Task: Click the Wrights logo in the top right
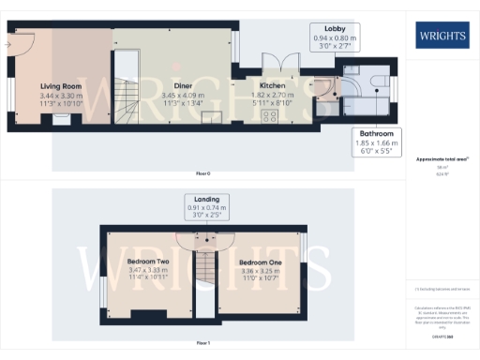(x=443, y=37)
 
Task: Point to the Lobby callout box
(x=335, y=37)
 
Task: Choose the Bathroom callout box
(x=374, y=142)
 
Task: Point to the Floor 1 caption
(x=203, y=344)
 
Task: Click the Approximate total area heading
(x=442, y=159)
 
